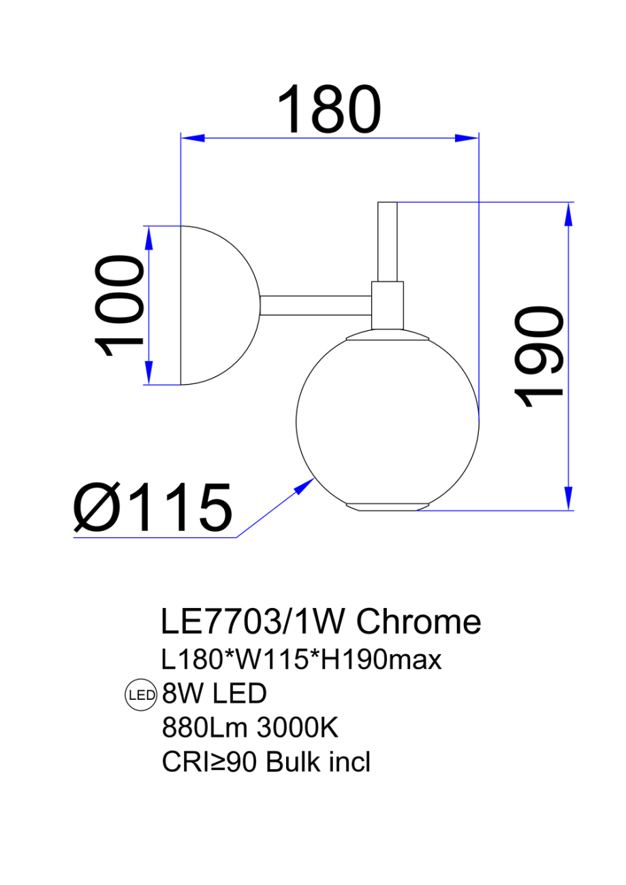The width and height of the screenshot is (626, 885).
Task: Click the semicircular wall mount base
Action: pyautogui.click(x=215, y=305)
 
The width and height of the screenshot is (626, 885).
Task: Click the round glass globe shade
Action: pyautogui.click(x=387, y=422)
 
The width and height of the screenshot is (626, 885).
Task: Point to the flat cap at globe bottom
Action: pyautogui.click(x=387, y=506)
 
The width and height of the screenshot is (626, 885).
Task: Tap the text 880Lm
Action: pyautogui.click(x=204, y=728)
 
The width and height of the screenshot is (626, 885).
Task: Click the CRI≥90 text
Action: pyautogui.click(x=209, y=762)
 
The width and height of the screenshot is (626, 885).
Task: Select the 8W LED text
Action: pyautogui.click(x=213, y=694)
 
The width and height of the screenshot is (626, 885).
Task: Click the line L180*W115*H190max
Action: pyautogui.click(x=301, y=659)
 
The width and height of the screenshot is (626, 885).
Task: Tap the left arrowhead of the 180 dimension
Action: pyautogui.click(x=191, y=138)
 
